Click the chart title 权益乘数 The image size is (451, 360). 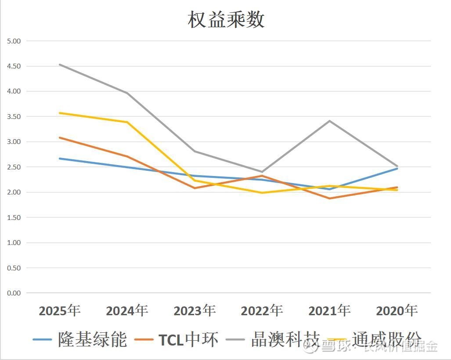(226, 20)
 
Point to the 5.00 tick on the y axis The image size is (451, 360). (14, 41)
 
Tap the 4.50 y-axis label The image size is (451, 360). (14, 66)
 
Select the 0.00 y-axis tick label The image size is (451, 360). (14, 293)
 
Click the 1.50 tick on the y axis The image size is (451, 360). (14, 217)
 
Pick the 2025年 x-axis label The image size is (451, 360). (60, 311)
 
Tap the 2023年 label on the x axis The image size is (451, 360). (195, 311)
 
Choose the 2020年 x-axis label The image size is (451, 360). (397, 311)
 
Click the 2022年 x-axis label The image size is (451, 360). (262, 311)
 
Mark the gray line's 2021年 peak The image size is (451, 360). (329, 121)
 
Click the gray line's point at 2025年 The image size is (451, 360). (60, 65)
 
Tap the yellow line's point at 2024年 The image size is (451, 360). (127, 122)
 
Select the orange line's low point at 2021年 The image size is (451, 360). (329, 198)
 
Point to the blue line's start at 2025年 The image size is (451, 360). (60, 158)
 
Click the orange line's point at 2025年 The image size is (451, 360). (60, 137)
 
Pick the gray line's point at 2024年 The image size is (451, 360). (127, 93)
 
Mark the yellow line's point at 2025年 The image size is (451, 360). (60, 113)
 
